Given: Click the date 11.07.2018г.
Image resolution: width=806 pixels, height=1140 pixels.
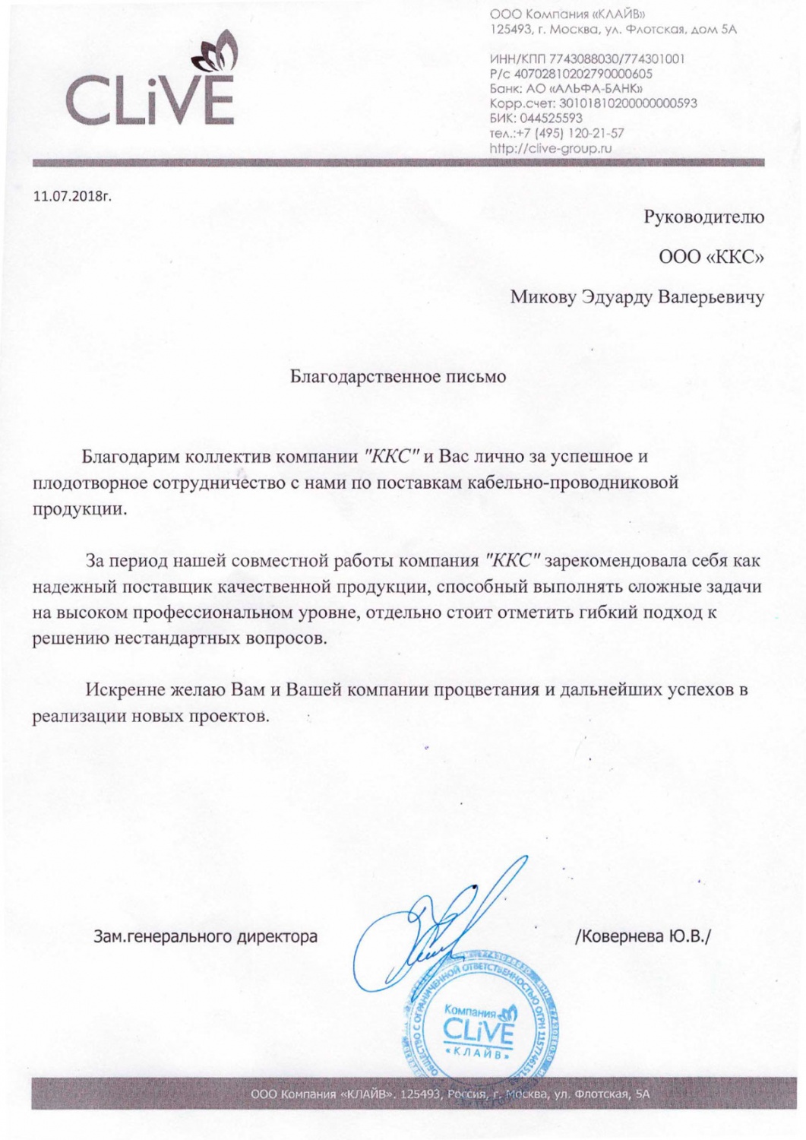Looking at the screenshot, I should tap(72, 196).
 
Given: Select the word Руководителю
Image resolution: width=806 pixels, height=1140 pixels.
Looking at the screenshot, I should tap(703, 217).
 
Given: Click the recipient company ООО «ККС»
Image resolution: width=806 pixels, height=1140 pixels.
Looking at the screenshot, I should tap(711, 257).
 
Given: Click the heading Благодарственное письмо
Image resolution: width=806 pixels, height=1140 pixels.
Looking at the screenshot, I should tap(398, 376).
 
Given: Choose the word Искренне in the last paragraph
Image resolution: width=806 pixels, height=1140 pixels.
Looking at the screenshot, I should tap(125, 690).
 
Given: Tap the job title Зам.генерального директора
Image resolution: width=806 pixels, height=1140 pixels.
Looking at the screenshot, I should tap(205, 936).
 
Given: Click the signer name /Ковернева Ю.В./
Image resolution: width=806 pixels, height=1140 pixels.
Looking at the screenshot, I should tap(643, 936).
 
